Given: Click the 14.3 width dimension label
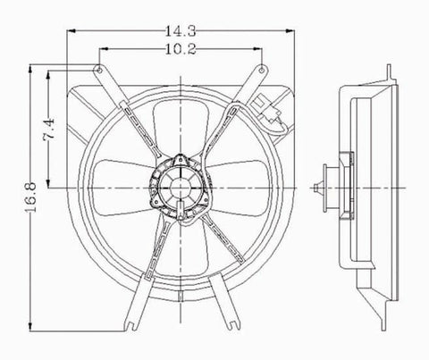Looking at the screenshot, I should [x=175, y=32].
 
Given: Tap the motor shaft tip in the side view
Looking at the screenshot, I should [x=320, y=188].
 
